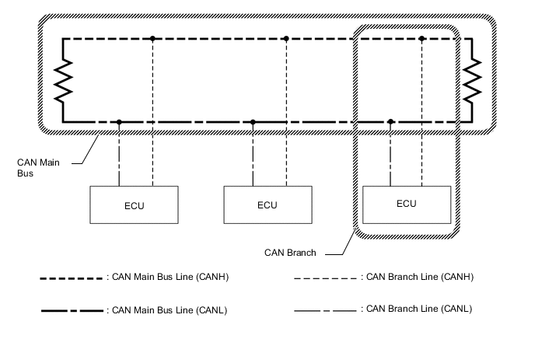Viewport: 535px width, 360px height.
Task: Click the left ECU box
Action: point(134,205)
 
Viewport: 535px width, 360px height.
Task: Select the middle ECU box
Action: point(267,205)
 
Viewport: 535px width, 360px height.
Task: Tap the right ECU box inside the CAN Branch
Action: point(406,204)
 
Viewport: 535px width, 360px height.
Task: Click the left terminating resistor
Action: point(61,80)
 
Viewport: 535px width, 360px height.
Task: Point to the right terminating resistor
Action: point(472,80)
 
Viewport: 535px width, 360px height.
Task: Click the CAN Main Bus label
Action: point(35,167)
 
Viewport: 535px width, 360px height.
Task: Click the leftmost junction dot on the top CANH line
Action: point(153,38)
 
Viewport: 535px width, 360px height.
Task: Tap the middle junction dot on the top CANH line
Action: point(287,38)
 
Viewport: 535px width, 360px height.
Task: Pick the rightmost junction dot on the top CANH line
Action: point(421,38)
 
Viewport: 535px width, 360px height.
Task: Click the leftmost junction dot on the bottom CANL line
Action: point(119,122)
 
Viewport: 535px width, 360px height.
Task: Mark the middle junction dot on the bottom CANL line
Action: point(253,122)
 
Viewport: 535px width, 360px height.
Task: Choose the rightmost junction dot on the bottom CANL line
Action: point(390,122)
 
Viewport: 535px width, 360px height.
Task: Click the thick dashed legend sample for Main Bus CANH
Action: point(72,278)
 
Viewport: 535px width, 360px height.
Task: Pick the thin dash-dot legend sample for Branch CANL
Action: point(325,311)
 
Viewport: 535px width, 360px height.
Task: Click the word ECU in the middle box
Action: point(267,205)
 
